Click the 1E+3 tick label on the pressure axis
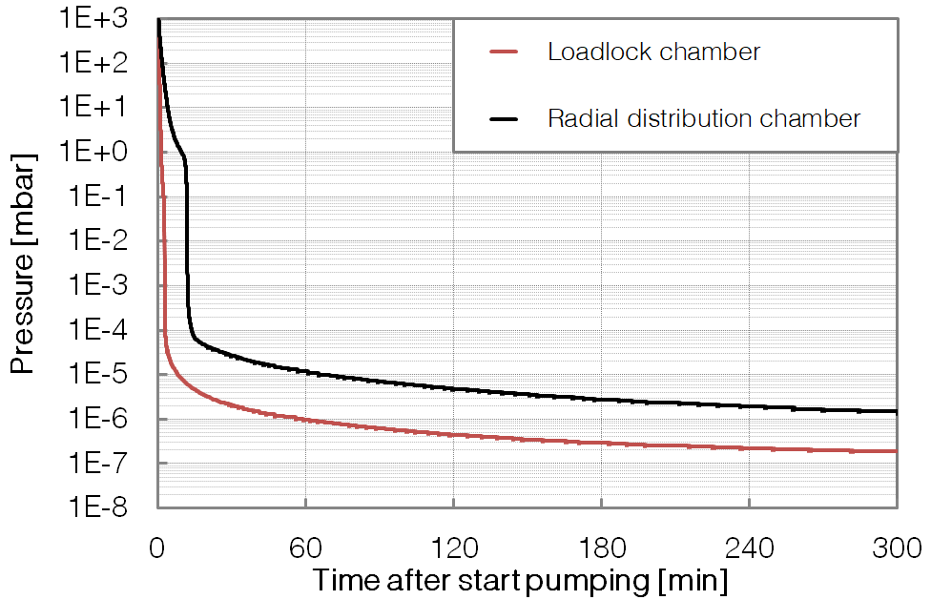[x=104, y=18]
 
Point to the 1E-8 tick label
[x=106, y=507]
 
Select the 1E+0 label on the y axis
[x=104, y=152]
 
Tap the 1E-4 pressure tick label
[x=106, y=330]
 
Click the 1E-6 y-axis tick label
[x=106, y=419]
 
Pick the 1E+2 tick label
[x=104, y=63]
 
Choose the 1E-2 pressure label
[x=106, y=241]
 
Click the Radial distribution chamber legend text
[x=703, y=118]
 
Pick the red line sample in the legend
[x=502, y=52]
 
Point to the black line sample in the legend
[x=502, y=118]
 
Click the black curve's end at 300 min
[x=896, y=412]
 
